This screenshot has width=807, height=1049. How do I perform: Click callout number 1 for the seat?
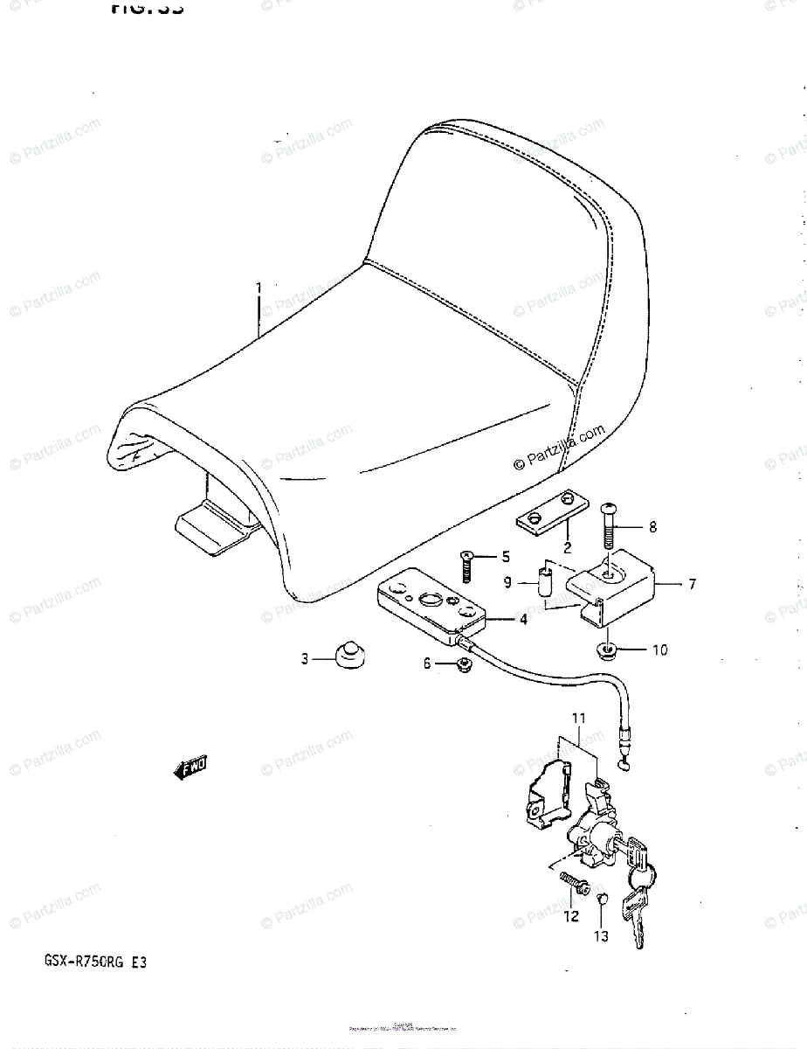click(259, 288)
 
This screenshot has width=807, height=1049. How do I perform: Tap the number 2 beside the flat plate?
click(567, 549)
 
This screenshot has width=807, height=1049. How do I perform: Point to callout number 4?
click(523, 620)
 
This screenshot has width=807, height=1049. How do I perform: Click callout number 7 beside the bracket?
click(692, 584)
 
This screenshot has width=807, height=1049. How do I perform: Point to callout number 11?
click(576, 718)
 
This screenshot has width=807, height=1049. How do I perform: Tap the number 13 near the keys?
click(600, 936)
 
